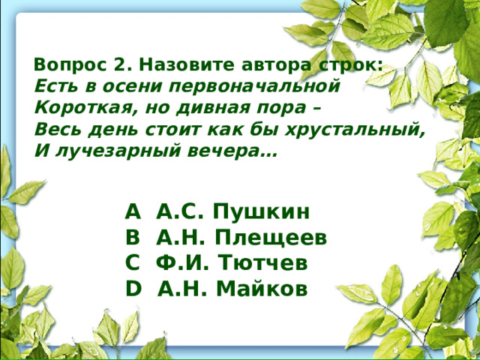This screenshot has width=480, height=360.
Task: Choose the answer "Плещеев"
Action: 271,238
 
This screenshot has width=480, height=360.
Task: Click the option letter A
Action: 133,212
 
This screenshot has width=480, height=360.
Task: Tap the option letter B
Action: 133,238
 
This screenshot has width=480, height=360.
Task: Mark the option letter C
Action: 133,263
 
